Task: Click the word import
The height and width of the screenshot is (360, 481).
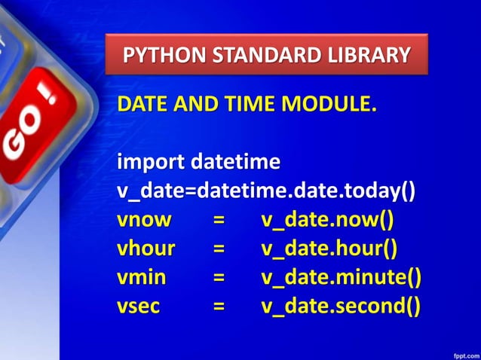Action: [x=150, y=162]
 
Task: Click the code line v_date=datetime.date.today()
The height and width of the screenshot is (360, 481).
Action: [x=266, y=191]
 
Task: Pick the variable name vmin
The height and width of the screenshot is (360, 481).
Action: [x=142, y=277]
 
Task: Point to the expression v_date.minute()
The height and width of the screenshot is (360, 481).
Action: [x=341, y=277]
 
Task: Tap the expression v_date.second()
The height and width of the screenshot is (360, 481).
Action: [x=341, y=306]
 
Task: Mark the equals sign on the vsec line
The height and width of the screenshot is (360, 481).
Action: [x=219, y=307]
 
